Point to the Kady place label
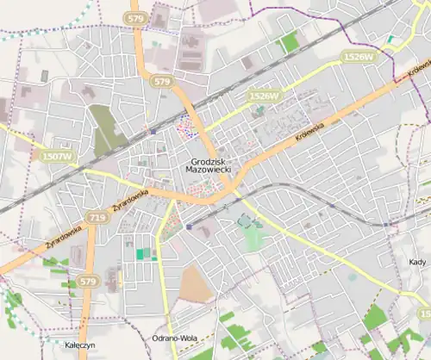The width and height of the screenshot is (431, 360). coord(415,261)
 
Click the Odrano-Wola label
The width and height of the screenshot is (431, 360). coord(175,338)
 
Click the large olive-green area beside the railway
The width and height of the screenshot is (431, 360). coord(108,129)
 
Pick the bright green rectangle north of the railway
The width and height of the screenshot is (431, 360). coord(290,40)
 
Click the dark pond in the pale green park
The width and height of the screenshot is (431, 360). coord(246,222)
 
